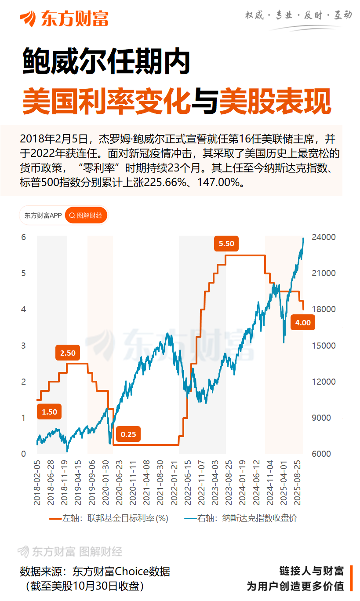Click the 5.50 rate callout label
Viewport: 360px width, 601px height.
click(x=226, y=244)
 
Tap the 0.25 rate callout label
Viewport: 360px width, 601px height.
click(x=128, y=434)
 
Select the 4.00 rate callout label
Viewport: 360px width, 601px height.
click(x=303, y=323)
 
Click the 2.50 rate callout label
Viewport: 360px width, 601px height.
click(x=68, y=353)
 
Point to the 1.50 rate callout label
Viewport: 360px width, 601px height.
click(x=49, y=412)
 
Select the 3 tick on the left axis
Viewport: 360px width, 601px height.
click(x=24, y=346)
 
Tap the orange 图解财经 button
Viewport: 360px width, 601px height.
click(x=86, y=215)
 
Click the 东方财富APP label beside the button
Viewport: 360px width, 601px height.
click(x=43, y=215)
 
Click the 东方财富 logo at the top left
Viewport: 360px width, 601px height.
click(x=64, y=18)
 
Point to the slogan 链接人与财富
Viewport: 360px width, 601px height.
click(x=312, y=571)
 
